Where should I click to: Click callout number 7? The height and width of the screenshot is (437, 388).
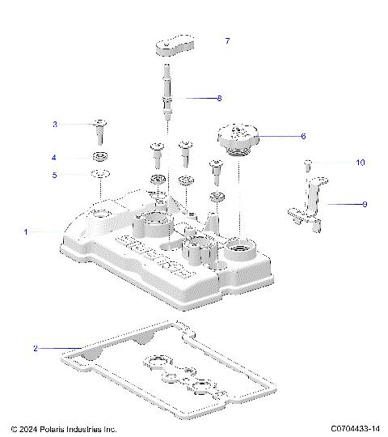click(227, 40)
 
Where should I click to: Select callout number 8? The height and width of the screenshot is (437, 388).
click(218, 99)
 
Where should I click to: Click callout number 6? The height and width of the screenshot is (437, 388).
click(303, 136)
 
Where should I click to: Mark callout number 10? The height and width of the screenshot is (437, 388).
click(361, 163)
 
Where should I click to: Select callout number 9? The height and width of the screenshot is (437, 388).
click(365, 204)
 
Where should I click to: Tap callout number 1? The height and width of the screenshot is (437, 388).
click(26, 231)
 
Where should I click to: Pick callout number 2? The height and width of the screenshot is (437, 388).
click(35, 348)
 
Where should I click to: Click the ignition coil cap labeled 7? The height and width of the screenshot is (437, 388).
click(175, 45)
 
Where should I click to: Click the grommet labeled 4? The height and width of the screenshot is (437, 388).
click(101, 156)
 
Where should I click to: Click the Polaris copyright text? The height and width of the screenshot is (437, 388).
click(65, 429)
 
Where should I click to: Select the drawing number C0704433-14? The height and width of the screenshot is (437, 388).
click(355, 429)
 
